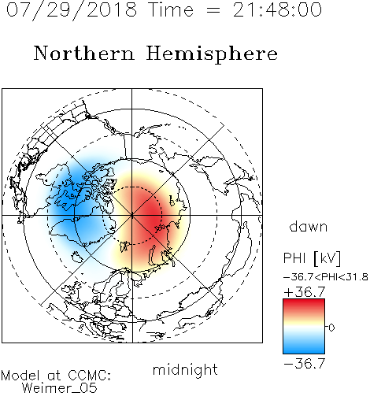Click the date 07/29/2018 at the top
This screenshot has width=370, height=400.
point(72,10)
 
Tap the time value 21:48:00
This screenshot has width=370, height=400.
point(277,10)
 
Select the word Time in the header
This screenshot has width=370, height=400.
point(171,10)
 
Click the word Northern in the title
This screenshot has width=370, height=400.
point(84,53)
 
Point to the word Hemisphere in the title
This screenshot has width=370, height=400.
point(212,54)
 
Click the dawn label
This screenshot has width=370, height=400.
point(309,226)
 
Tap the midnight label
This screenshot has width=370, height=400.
point(185,369)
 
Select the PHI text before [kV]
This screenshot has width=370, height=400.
point(294,258)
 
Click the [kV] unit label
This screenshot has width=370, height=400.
point(327,258)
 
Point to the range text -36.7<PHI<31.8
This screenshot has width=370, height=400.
point(326,277)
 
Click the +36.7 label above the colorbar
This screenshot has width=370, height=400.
point(305,292)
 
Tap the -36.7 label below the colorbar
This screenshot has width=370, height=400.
point(305,364)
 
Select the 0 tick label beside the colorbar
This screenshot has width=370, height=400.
point(331,328)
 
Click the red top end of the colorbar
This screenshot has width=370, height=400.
point(304,301)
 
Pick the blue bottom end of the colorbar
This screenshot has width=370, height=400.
point(304,351)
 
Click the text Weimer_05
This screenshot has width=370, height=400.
point(60,388)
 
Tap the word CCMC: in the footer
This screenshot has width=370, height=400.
point(89,376)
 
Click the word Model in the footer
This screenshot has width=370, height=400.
point(21,376)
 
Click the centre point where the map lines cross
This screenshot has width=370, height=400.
point(132,216)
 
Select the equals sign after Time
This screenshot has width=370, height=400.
point(213,10)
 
